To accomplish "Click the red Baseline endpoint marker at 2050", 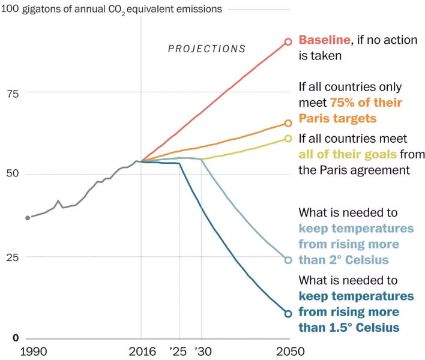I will pyautogui.click(x=288, y=41).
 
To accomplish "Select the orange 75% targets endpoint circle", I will pyautogui.click(x=288, y=123).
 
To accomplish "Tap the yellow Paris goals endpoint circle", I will pyautogui.click(x=288, y=139).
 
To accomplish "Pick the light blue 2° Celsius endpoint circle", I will pyautogui.click(x=288, y=260).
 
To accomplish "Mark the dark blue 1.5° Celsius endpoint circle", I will pyautogui.click(x=288, y=313).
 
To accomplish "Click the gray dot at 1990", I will pyautogui.click(x=28, y=217).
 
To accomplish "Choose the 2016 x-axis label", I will pyautogui.click(x=142, y=352).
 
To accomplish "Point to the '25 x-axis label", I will pyautogui.click(x=178, y=352).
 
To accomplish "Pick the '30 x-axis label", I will pyautogui.click(x=203, y=352).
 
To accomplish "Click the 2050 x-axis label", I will pyautogui.click(x=288, y=352).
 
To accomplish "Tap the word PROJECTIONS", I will pyautogui.click(x=206, y=49).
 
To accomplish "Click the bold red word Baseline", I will pyautogui.click(x=324, y=40).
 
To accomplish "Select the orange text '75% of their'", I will pyautogui.click(x=366, y=102).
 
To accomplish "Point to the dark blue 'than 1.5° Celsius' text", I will pyautogui.click(x=349, y=327).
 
